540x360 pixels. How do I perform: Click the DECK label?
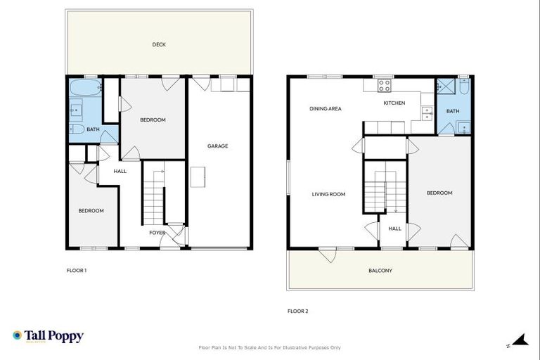click(159, 45)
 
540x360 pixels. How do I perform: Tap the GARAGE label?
click(217, 146)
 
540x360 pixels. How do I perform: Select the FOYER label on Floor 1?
click(157, 232)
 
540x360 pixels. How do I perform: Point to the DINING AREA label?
click(326, 109)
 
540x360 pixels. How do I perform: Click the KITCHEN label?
click(394, 103)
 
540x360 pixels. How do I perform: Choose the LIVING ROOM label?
click(328, 194)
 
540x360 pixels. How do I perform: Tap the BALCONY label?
click(380, 271)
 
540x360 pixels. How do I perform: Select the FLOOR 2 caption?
click(297, 311)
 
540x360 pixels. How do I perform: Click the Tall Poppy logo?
click(48, 336)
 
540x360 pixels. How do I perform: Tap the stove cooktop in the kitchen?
click(385, 86)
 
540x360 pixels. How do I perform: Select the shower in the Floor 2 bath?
click(445, 87)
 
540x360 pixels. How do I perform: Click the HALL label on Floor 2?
click(394, 229)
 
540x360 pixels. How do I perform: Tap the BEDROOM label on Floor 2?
click(439, 193)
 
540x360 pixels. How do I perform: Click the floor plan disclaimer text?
click(270, 347)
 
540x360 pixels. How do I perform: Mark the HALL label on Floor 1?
click(120, 171)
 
